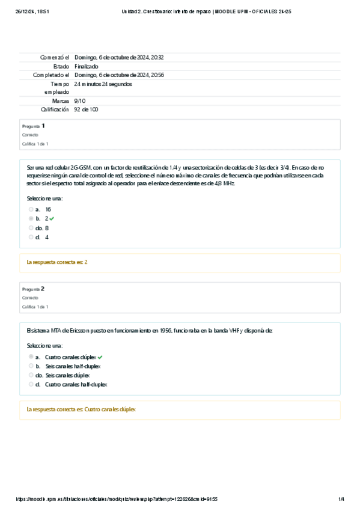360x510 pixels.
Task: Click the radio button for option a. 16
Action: pos(31,209)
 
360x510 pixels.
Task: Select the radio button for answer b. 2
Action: pos(31,219)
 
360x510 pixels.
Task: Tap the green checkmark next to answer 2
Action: pos(52,219)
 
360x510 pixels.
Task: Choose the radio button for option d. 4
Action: pos(31,238)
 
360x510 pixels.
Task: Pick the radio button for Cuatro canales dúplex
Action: pos(31,357)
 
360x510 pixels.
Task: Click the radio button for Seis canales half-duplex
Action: pos(31,366)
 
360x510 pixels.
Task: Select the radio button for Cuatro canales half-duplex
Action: pos(31,384)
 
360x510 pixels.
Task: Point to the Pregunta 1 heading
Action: pos(33,126)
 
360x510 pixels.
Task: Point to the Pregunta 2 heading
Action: pos(33,289)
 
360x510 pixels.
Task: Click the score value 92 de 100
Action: pos(86,110)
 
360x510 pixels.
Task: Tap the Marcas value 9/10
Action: pos(80,101)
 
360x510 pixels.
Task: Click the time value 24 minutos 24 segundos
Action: pos(103,84)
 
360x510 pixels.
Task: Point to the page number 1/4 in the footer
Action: pos(341,499)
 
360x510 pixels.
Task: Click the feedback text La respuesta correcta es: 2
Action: pos(57,262)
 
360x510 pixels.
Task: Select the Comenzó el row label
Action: pos(55,57)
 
